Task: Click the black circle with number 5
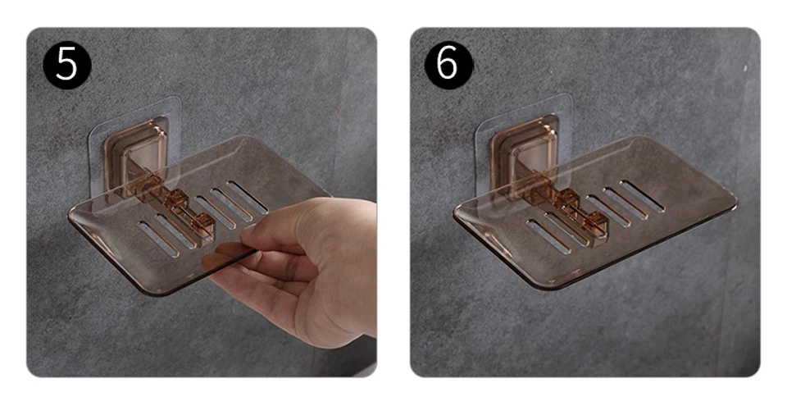(x=67, y=66)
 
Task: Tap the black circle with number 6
(x=448, y=66)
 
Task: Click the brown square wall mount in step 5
(x=135, y=151)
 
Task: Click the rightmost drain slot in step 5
(x=247, y=197)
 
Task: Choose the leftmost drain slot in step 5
(x=158, y=239)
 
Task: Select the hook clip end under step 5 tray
(x=203, y=228)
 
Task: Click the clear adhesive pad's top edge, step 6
(x=522, y=105)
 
